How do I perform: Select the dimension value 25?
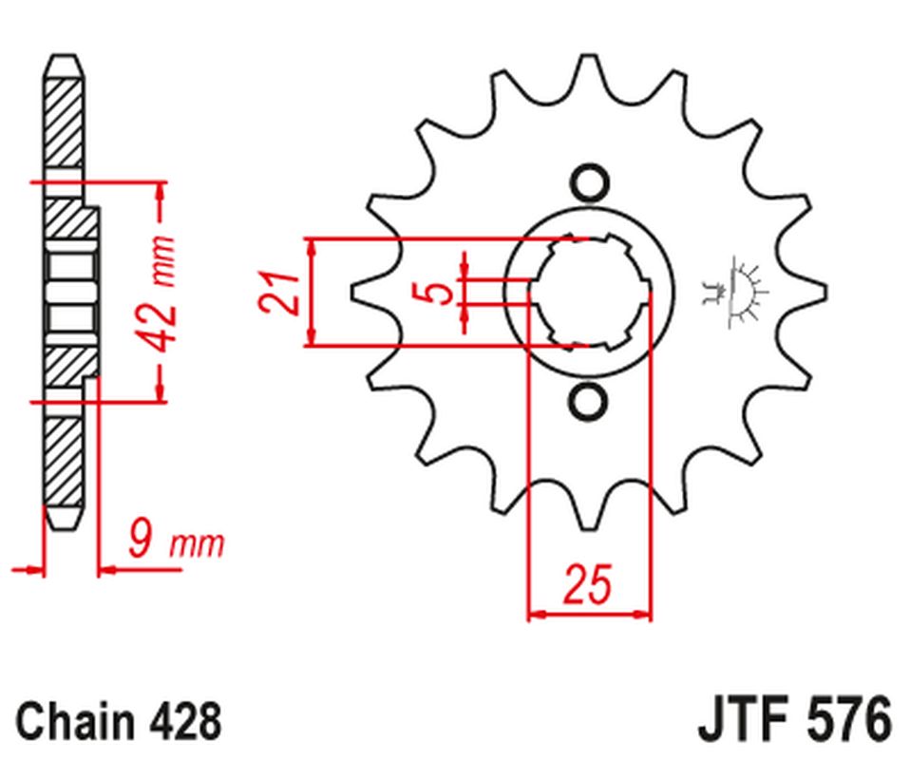tap(587, 584)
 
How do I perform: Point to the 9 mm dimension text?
tap(177, 542)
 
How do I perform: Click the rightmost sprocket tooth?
tap(809, 292)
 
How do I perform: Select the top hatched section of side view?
tap(63, 123)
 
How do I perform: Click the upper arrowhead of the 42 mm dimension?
tap(161, 191)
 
